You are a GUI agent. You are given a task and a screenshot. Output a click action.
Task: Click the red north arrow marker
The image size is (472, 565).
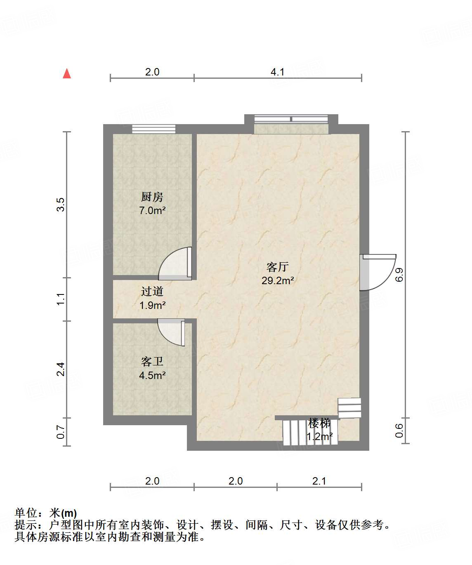pyautogui.click(x=67, y=74)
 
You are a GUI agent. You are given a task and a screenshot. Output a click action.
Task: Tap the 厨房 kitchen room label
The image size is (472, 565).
pyautogui.click(x=152, y=197)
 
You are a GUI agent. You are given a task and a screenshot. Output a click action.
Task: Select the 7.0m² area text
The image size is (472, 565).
pyautogui.click(x=152, y=211)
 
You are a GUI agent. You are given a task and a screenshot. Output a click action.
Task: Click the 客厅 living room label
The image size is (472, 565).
pyautogui.click(x=277, y=267)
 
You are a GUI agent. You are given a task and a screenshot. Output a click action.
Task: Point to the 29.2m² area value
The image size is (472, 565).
pyautogui.click(x=277, y=281)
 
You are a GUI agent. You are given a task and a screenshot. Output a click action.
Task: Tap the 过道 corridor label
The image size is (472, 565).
pyautogui.click(x=152, y=291)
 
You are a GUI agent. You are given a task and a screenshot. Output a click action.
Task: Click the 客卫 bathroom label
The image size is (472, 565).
pyautogui.click(x=152, y=361)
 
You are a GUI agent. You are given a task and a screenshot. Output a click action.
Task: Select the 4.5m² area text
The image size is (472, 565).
pyautogui.click(x=152, y=376)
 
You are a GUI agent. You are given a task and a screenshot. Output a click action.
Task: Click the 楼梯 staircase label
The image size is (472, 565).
pyautogui.click(x=319, y=423)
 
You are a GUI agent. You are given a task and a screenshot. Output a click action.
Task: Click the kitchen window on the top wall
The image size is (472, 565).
pyautogui.click(x=153, y=129)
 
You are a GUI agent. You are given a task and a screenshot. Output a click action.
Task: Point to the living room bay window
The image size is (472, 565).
pyautogui.click(x=291, y=124)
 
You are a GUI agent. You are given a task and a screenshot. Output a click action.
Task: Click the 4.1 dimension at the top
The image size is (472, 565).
pyautogui.click(x=277, y=72)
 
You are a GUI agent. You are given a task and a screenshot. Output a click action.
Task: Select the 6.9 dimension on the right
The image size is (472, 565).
pyautogui.click(x=399, y=275)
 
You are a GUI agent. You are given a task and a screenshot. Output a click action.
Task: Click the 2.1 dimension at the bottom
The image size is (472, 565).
pyautogui.click(x=319, y=481)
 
